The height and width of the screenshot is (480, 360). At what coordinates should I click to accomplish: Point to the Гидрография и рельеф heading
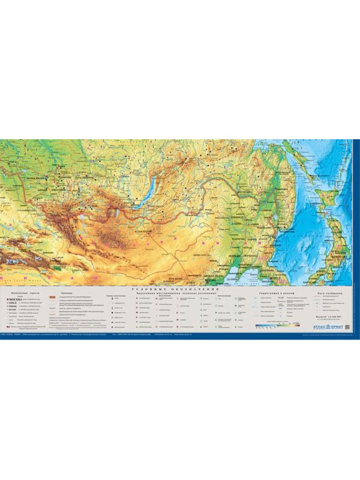[276, 292]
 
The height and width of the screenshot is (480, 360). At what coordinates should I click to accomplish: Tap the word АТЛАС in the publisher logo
[320, 326]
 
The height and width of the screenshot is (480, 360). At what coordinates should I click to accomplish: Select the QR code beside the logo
[347, 325]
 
